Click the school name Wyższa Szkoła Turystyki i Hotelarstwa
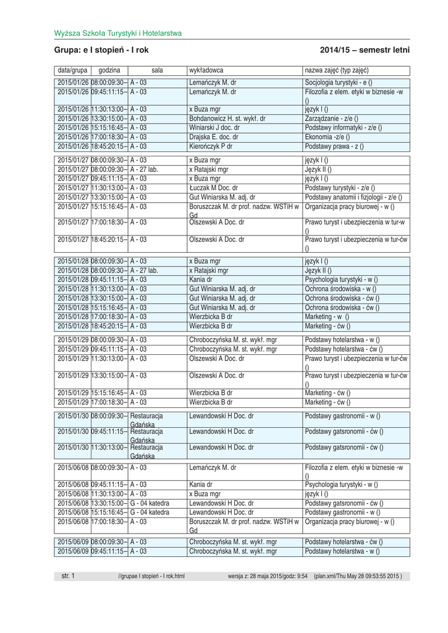point(117,33)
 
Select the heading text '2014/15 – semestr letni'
point(365,50)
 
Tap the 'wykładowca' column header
point(206,70)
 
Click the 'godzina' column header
point(109,70)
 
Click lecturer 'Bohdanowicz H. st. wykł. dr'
point(227,118)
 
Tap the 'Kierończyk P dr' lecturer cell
point(211,147)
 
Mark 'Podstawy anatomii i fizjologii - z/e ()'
point(354,197)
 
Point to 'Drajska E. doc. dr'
point(214,137)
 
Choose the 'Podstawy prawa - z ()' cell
point(334,147)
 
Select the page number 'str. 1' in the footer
point(68,576)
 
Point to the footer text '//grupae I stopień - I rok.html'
point(151,577)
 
